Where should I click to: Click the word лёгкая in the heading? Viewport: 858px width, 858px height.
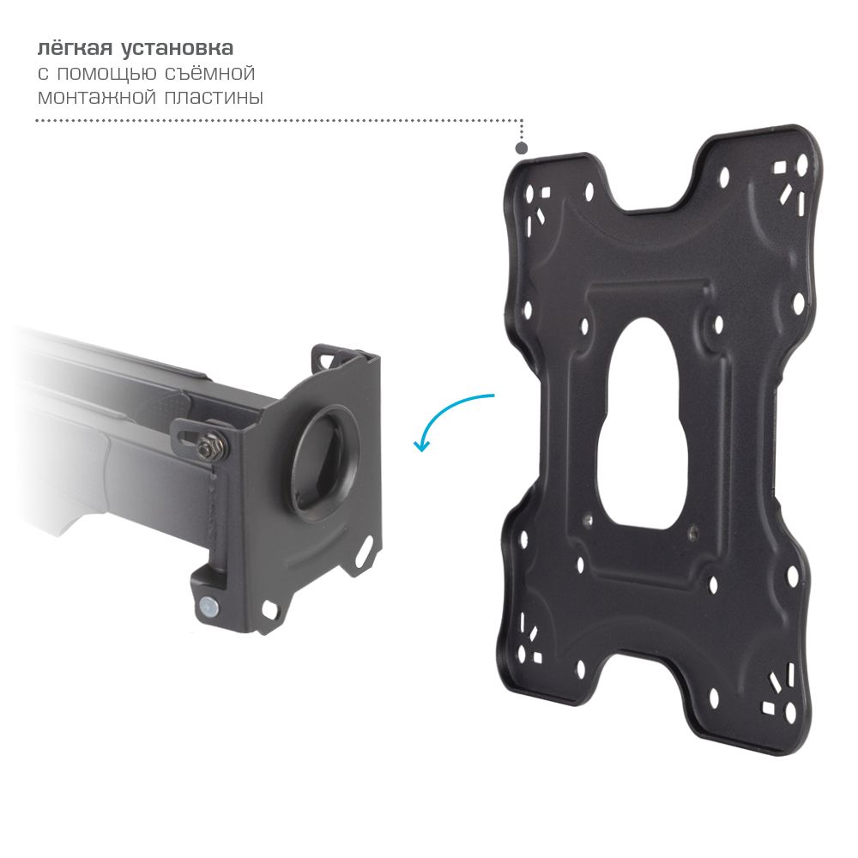[x=74, y=47]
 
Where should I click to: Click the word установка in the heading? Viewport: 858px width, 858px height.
[x=177, y=48]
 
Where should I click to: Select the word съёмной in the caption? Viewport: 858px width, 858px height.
[x=210, y=72]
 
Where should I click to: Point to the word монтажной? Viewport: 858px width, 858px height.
[x=96, y=98]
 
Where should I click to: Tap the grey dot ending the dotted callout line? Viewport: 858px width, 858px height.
[x=522, y=148]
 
